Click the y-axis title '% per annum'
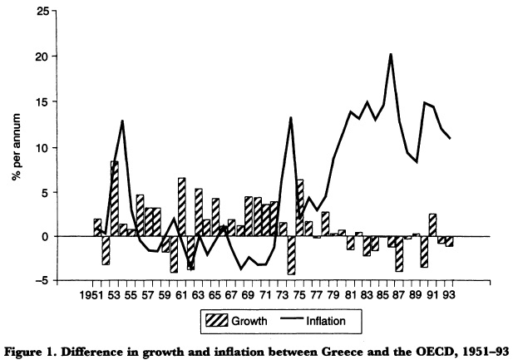tap(14, 145)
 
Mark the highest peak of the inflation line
tap(390, 54)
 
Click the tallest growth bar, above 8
tap(114, 199)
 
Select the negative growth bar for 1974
tap(291, 255)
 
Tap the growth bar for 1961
tap(181, 207)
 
